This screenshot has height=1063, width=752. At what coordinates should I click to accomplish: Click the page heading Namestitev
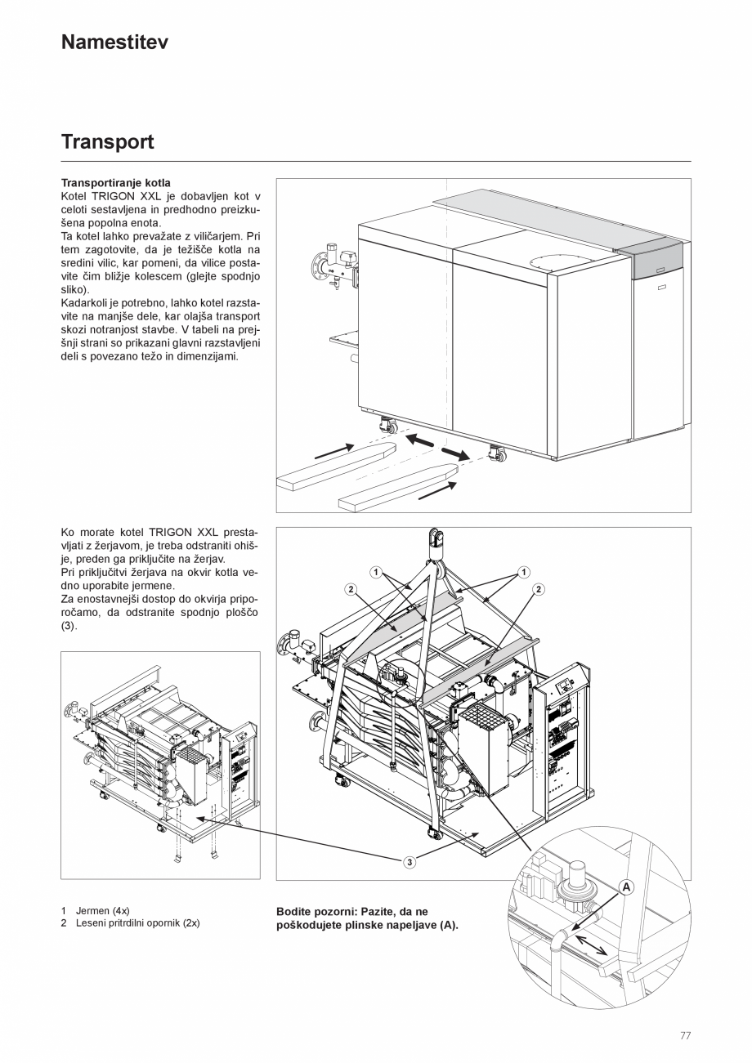point(114,42)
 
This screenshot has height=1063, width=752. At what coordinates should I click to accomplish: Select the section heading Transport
point(107,142)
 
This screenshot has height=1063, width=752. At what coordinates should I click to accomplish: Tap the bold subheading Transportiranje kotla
point(116,183)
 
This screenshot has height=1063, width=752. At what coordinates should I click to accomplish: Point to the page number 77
point(685,1035)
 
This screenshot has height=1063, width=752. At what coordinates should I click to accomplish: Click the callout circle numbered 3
point(410,861)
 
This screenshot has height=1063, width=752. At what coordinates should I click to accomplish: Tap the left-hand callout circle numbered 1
point(375,572)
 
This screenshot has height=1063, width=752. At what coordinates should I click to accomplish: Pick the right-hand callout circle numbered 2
point(539,589)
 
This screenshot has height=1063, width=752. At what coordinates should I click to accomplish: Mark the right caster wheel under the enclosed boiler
point(495,452)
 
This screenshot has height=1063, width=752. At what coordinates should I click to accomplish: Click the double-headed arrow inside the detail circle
point(590,945)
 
